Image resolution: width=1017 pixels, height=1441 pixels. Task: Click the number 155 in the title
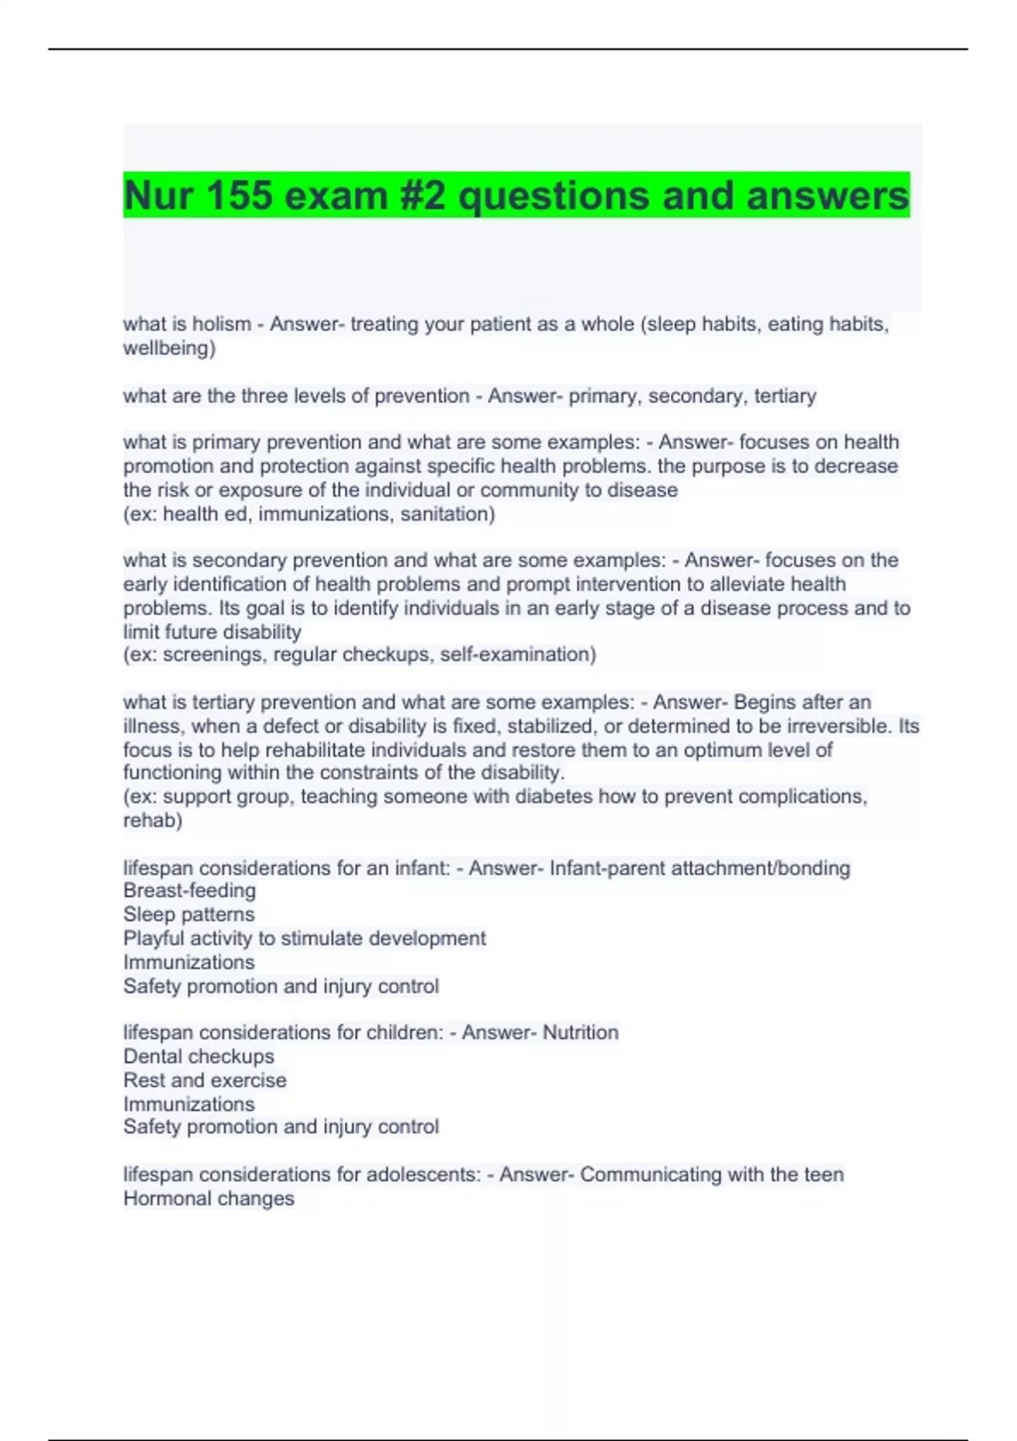pos(238,196)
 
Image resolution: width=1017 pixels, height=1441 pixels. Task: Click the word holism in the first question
pos(221,324)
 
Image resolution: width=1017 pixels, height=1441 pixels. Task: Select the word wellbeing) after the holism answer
pos(169,348)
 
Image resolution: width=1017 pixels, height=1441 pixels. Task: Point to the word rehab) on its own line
pos(153,820)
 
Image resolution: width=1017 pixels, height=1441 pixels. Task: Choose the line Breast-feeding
pos(189,890)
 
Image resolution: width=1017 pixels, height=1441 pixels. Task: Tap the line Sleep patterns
pos(189,914)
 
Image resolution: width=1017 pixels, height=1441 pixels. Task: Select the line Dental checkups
pos(198,1056)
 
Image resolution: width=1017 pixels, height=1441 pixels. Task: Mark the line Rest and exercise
pos(204,1080)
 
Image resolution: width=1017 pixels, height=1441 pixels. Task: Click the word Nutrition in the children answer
pos(581,1032)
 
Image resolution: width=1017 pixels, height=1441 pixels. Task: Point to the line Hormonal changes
pos(208,1199)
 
